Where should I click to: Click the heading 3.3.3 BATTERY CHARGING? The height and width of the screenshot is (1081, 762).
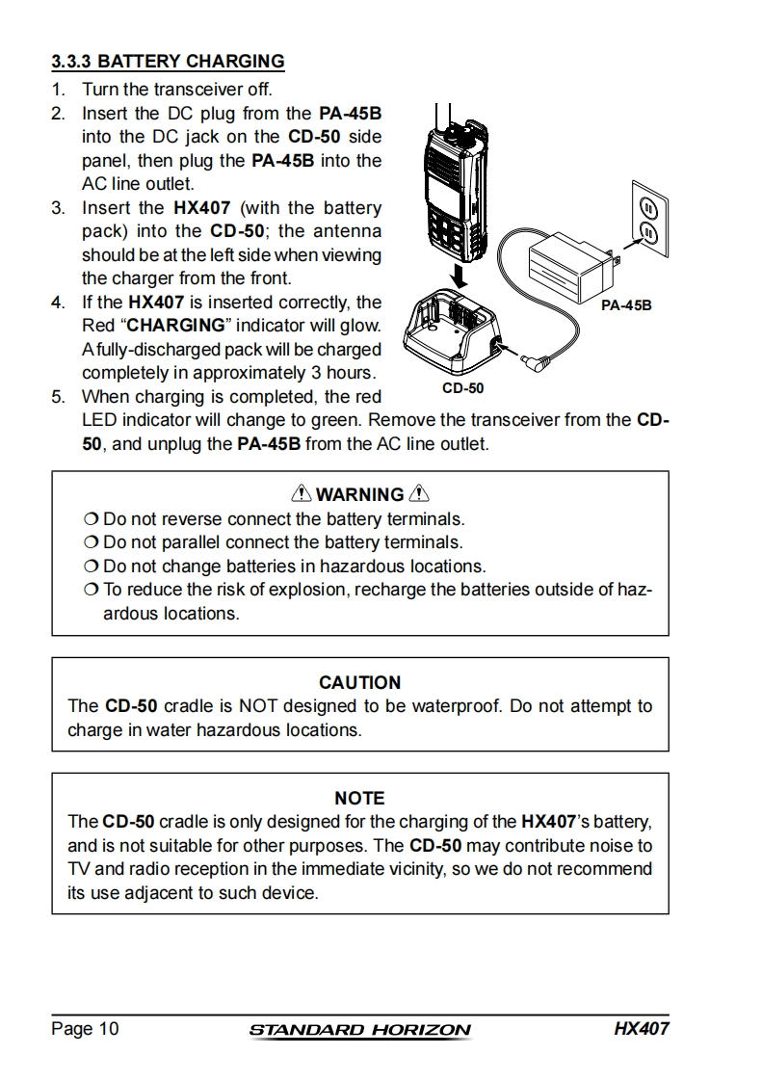pyautogui.click(x=168, y=62)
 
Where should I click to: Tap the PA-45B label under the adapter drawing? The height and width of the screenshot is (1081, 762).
pyautogui.click(x=626, y=305)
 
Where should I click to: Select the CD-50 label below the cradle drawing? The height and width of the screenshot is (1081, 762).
pyautogui.click(x=462, y=388)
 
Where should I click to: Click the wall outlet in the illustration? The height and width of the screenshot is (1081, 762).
pyautogui.click(x=646, y=219)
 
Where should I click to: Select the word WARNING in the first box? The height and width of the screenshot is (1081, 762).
pyautogui.click(x=359, y=495)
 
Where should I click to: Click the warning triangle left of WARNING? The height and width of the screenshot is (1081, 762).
pyautogui.click(x=301, y=494)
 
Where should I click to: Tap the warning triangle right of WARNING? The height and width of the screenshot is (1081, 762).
pyautogui.click(x=419, y=494)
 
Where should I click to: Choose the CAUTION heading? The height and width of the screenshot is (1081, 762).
pyautogui.click(x=359, y=682)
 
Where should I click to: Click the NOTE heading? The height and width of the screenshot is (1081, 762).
pyautogui.click(x=359, y=798)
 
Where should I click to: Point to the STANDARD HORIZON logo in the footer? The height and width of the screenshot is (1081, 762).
pyautogui.click(x=359, y=1030)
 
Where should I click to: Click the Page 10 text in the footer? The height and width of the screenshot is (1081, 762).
pyautogui.click(x=86, y=1029)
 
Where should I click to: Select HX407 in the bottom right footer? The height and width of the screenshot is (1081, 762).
pyautogui.click(x=641, y=1028)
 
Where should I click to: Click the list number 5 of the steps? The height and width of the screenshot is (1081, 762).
pyautogui.click(x=58, y=397)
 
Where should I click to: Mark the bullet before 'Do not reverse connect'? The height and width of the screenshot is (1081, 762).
pyautogui.click(x=92, y=519)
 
